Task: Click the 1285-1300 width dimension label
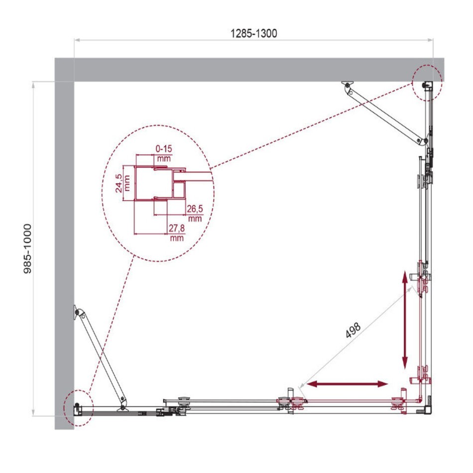tap(254, 33)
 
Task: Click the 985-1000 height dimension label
tap(27, 248)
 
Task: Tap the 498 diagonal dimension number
tap(353, 330)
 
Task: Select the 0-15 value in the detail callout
tap(164, 148)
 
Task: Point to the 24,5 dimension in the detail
tap(119, 183)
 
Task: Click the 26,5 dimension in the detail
tap(195, 209)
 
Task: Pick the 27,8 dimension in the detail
tap(176, 228)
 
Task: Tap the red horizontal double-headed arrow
tap(347, 384)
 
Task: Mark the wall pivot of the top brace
tap(348, 86)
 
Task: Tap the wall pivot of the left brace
tap(78, 312)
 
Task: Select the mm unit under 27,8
tap(177, 238)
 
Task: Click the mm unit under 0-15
tap(164, 158)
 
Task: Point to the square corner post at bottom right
tap(428, 410)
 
